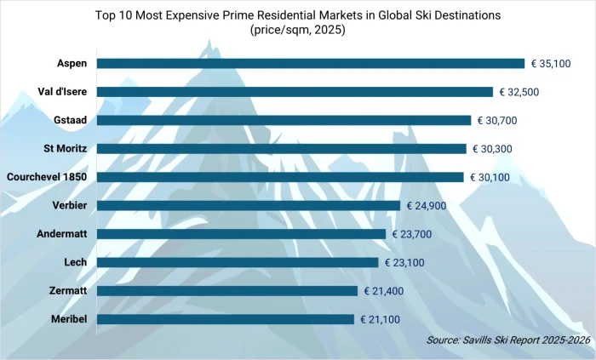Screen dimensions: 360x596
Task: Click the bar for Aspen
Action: [x=311, y=63]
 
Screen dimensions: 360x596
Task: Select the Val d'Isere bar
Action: [x=295, y=92]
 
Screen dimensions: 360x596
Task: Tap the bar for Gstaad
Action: [x=284, y=120]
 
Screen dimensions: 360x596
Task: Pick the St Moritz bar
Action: [x=282, y=148]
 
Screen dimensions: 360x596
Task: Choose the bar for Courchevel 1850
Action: [x=280, y=177]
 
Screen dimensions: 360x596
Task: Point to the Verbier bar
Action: [x=248, y=205]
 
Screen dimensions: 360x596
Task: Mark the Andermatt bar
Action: [x=241, y=234]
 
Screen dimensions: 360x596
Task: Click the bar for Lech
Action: [x=238, y=262]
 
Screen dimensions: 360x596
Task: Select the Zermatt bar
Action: [x=227, y=291]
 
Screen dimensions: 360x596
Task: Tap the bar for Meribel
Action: [x=226, y=319]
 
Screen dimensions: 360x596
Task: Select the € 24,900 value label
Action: [x=433, y=205]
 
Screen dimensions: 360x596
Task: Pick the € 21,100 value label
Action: [x=387, y=319]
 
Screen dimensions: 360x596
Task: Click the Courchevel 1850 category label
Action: [x=47, y=177]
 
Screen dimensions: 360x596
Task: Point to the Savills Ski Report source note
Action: [x=508, y=340]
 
